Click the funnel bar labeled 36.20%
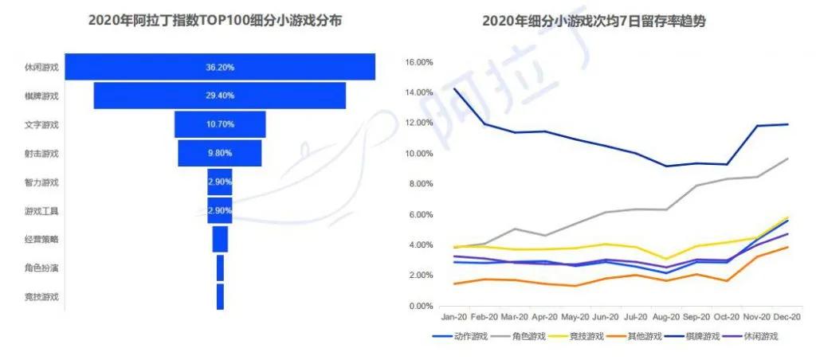click(x=220, y=67)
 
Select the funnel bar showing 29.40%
click(x=220, y=96)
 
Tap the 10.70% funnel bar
click(x=220, y=124)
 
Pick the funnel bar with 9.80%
click(x=220, y=153)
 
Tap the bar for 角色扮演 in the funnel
click(x=220, y=268)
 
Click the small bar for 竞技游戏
click(x=220, y=296)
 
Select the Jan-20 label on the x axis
click(x=453, y=317)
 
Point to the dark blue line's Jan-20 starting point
click(x=454, y=88)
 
